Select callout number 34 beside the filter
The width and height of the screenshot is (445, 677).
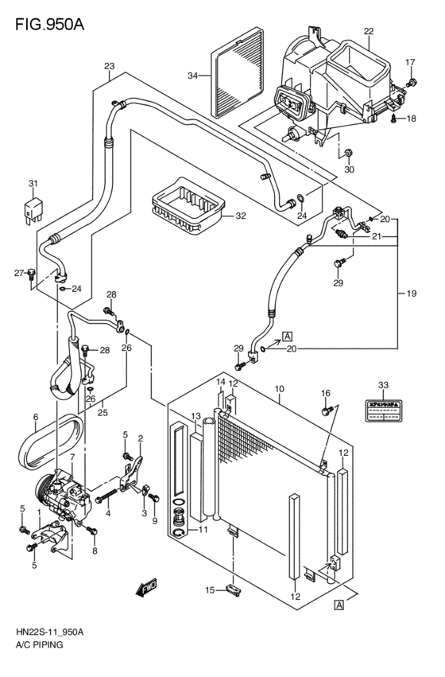192,76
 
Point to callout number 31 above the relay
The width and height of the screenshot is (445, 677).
33,185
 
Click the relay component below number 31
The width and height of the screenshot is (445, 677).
33,212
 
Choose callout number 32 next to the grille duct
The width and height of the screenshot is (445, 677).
240,216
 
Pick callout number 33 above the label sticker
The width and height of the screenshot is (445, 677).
384,385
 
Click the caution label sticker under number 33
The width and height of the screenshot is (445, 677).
384,407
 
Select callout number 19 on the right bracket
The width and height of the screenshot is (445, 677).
411,294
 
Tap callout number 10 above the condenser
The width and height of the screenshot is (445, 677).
280,389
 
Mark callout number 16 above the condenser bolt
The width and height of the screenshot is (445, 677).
325,393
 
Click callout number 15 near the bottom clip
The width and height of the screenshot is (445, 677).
210,589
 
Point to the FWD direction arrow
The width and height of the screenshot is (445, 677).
146,589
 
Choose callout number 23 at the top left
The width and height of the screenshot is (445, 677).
109,66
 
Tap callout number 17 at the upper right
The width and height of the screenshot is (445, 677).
410,62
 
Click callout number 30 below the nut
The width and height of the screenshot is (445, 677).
348,169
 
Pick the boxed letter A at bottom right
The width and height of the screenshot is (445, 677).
339,605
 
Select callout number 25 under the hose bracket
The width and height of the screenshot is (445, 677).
103,412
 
